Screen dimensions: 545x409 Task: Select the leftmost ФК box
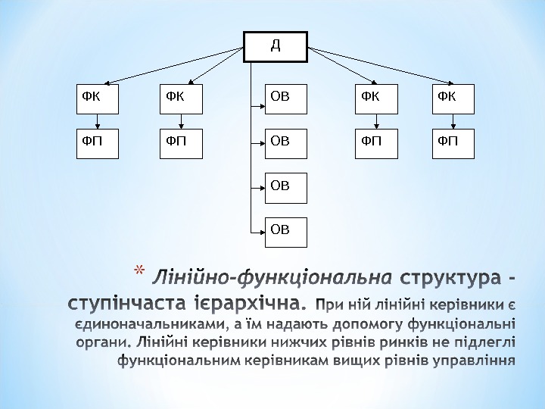(x=98, y=98)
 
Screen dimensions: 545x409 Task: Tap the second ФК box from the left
(x=181, y=98)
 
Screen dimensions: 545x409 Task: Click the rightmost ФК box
(x=453, y=98)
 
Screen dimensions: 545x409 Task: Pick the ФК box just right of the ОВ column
(x=377, y=98)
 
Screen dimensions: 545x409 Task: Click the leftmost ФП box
(x=98, y=143)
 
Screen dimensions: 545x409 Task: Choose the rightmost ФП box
(x=453, y=143)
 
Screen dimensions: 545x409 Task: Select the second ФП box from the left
(x=181, y=143)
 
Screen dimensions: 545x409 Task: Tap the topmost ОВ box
(x=286, y=98)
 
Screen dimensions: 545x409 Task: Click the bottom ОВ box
(x=286, y=231)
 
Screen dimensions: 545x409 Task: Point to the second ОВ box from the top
(x=286, y=143)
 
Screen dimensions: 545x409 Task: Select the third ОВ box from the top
(x=286, y=187)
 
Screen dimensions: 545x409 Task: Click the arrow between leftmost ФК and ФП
(x=98, y=121)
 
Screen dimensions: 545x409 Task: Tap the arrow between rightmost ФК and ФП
(x=453, y=121)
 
